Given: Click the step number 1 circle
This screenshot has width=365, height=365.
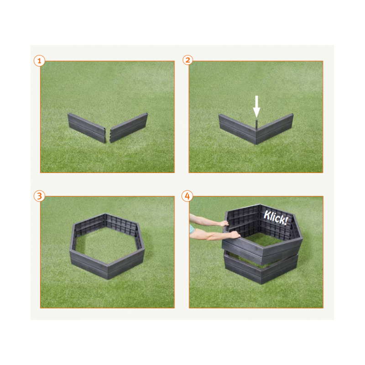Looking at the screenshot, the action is [x=39, y=61].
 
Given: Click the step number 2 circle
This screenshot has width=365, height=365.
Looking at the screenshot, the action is [x=188, y=60].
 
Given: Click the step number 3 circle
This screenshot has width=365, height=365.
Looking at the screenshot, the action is [x=39, y=196].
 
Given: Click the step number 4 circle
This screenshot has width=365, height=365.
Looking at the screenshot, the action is [x=188, y=196].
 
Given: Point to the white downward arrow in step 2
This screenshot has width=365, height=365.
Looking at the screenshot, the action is [x=256, y=106].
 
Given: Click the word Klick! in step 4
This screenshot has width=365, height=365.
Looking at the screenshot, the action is [x=276, y=218].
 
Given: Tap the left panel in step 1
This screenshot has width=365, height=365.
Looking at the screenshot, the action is [x=87, y=128].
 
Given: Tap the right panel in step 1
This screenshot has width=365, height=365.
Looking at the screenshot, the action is [x=129, y=127].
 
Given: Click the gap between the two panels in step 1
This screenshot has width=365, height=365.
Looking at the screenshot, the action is [x=108, y=136].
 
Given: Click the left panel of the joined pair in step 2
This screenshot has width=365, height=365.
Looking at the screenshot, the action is [x=237, y=129].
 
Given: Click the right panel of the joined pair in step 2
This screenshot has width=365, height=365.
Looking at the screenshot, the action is [x=275, y=129].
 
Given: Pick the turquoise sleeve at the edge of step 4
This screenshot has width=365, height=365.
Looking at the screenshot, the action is [x=192, y=229].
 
